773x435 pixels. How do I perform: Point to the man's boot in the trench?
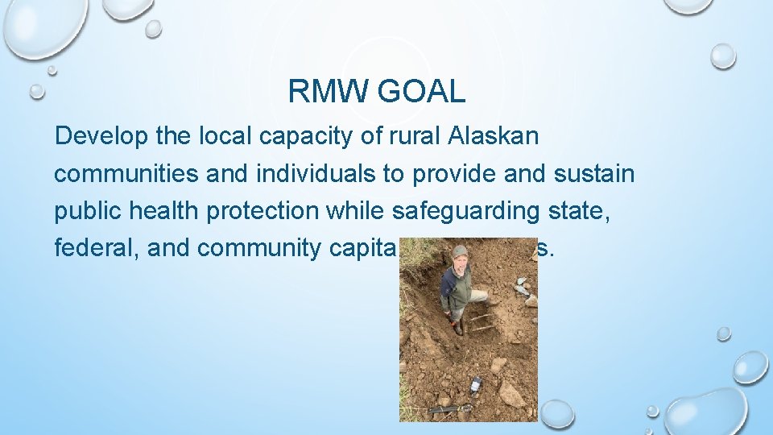pyautogui.click(x=458, y=329)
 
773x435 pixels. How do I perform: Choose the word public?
pyautogui.click(x=86, y=210)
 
